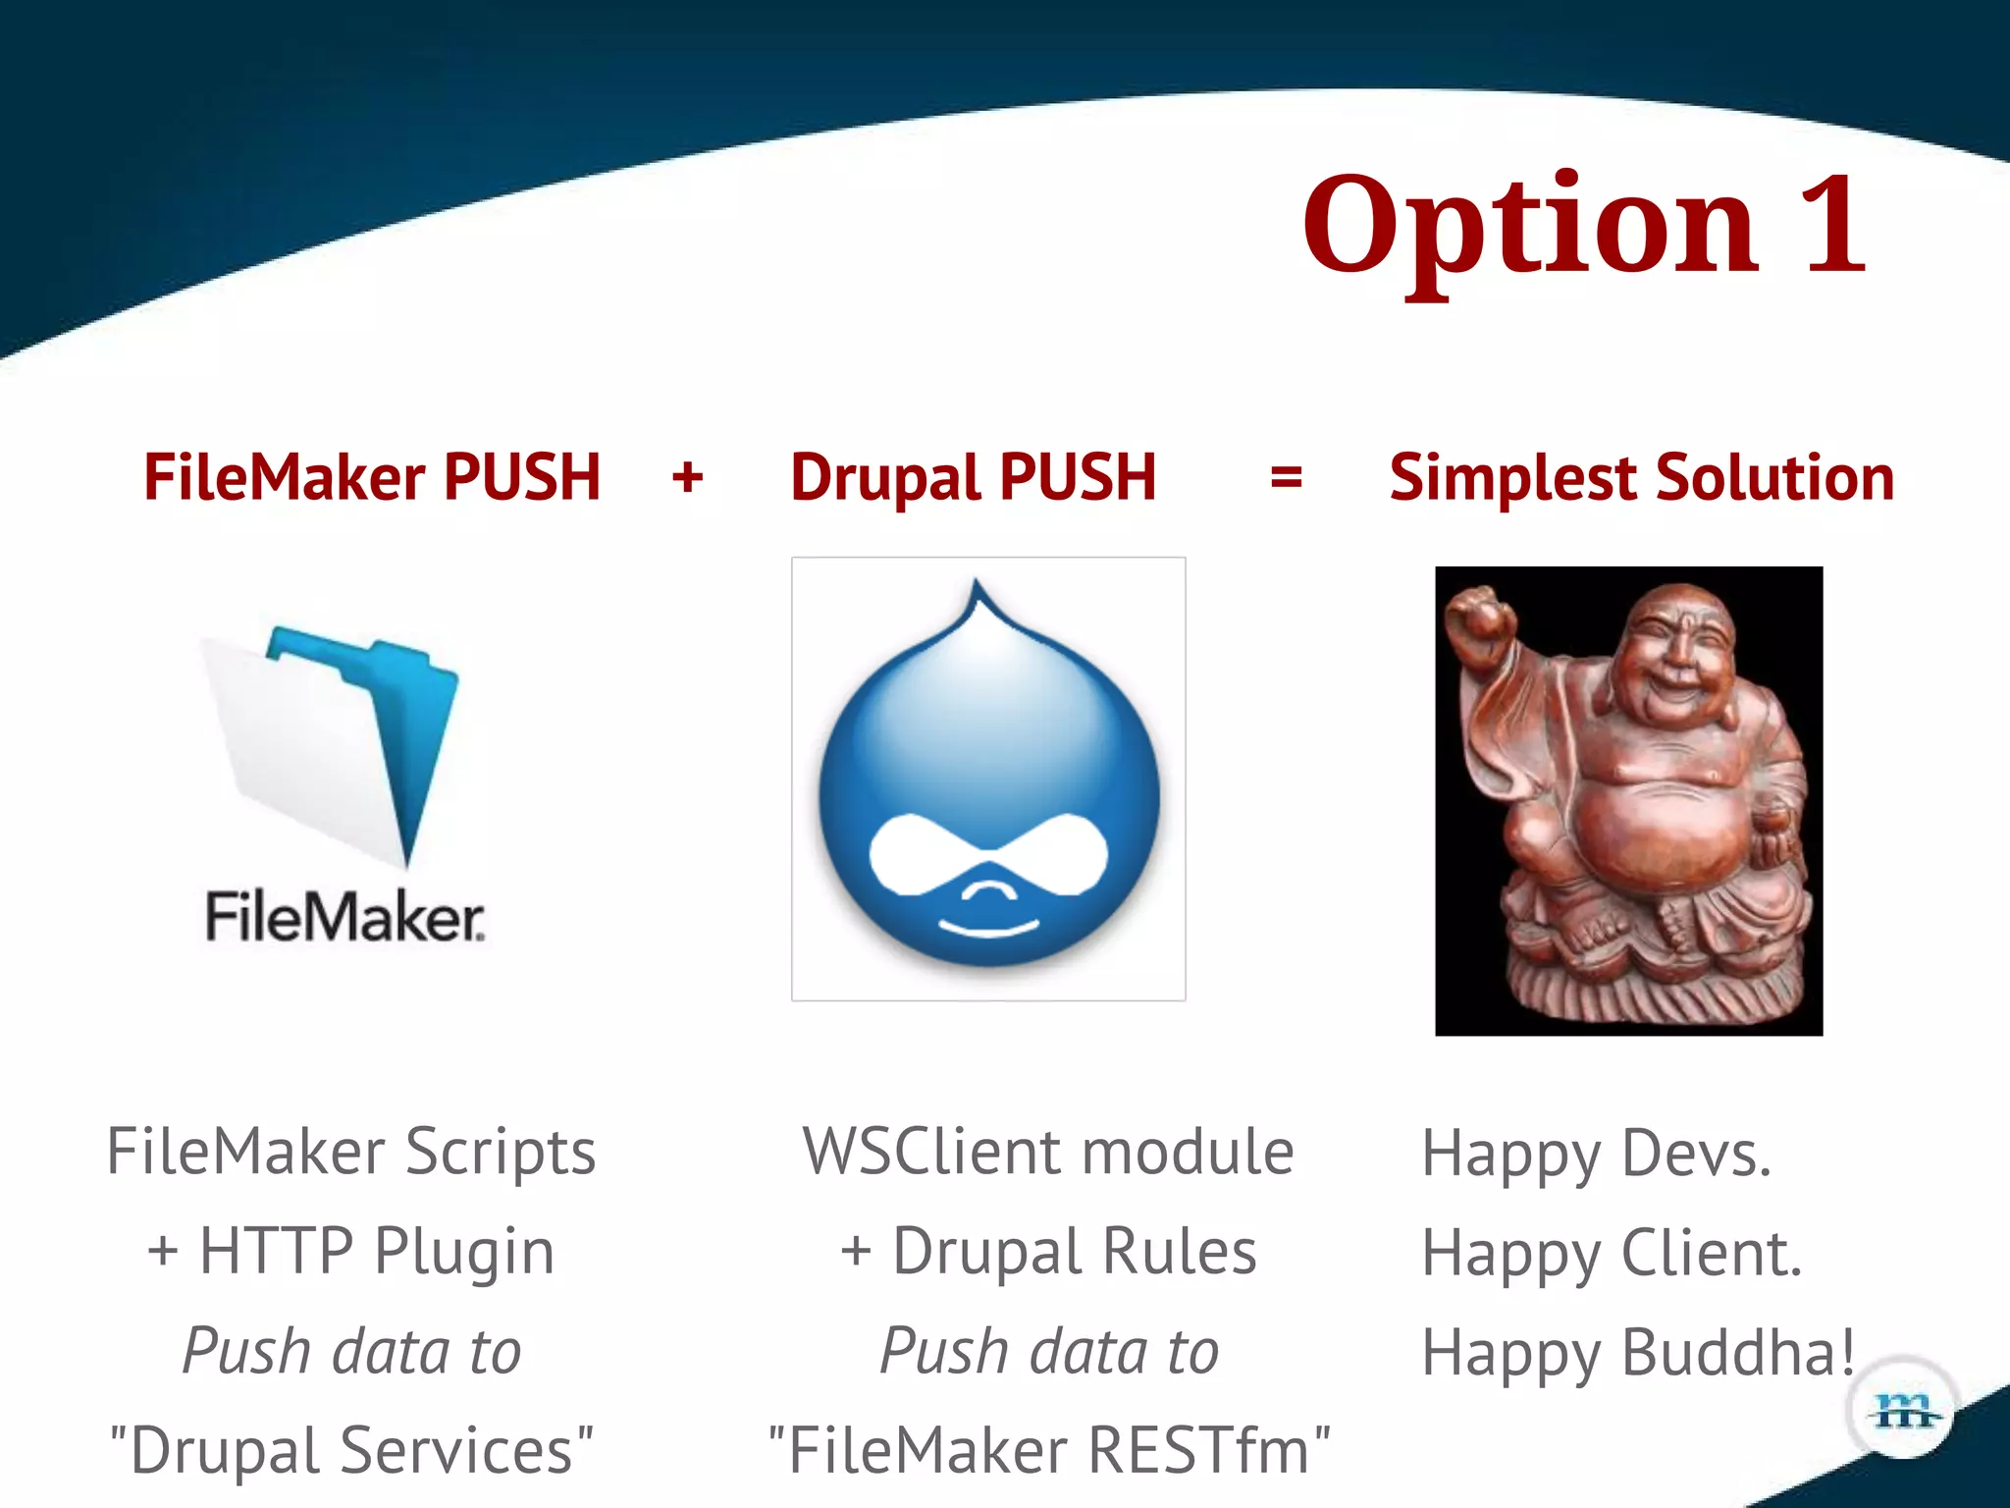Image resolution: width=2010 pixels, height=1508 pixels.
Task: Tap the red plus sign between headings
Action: pyautogui.click(x=687, y=478)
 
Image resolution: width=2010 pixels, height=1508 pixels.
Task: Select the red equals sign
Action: pyautogui.click(x=1286, y=478)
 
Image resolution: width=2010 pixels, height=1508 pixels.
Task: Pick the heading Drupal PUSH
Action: pyautogui.click(x=973, y=478)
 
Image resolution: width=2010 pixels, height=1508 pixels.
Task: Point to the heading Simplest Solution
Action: pyautogui.click(x=1641, y=478)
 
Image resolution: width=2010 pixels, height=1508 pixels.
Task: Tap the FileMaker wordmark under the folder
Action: pyautogui.click(x=344, y=917)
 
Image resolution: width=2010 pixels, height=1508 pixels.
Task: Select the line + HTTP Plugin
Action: pyautogui.click(x=350, y=1252)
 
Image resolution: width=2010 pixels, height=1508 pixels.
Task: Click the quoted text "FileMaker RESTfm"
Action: pyautogui.click(x=1048, y=1451)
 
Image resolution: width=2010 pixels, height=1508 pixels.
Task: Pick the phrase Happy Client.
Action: pyautogui.click(x=1612, y=1254)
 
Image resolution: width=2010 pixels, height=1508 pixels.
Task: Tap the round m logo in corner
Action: pyautogui.click(x=1902, y=1412)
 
